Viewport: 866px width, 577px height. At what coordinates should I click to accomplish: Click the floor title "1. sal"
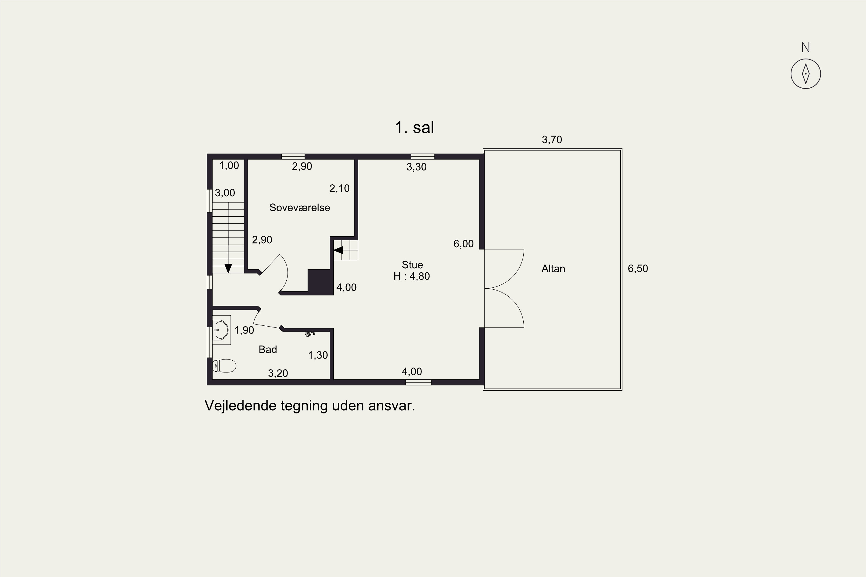pos(414,127)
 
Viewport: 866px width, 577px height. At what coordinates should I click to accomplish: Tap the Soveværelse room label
pos(300,207)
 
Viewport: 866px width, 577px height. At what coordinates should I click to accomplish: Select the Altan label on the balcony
pos(553,269)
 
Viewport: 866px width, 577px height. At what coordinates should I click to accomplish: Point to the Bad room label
pos(268,349)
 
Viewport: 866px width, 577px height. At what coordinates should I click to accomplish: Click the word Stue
pos(413,265)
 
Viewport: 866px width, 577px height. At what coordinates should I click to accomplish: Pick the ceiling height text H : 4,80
pos(412,276)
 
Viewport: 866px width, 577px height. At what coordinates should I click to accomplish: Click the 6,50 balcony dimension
pos(638,269)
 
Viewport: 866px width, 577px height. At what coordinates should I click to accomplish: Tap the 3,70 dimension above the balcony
pos(552,139)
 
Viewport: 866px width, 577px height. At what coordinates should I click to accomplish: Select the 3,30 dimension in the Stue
pos(417,167)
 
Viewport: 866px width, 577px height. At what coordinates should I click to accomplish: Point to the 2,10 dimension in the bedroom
pos(339,188)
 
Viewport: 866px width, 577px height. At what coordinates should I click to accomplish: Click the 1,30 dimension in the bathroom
pos(318,355)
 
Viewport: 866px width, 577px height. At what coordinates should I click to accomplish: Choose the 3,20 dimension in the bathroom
pos(278,373)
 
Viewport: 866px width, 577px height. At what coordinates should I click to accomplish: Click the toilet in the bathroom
pos(224,366)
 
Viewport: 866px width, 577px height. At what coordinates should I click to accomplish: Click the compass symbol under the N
pos(806,74)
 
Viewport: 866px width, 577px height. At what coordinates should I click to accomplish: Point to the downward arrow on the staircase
pos(228,268)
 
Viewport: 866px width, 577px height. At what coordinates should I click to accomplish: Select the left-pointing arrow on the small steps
pos(338,250)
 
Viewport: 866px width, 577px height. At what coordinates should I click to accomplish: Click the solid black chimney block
pos(320,282)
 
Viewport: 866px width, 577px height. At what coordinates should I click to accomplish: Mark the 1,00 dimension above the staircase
pos(229,166)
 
